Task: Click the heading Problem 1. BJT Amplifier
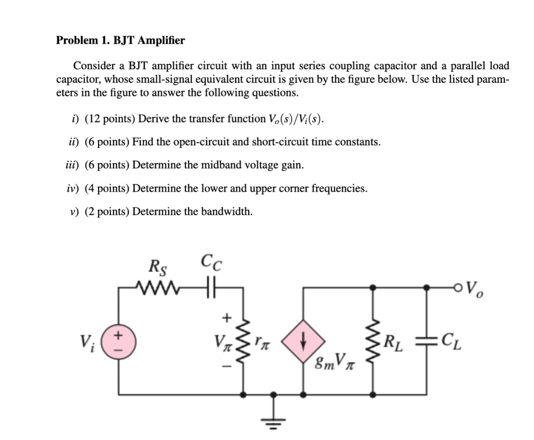tap(120, 40)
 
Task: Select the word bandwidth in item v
tap(228, 211)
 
